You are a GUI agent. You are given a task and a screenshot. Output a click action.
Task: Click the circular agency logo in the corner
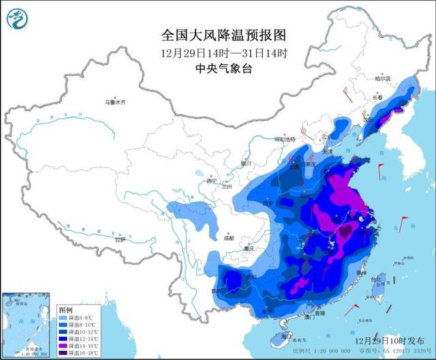click(x=18, y=20)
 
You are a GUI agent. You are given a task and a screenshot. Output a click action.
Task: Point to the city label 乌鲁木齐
click(x=116, y=102)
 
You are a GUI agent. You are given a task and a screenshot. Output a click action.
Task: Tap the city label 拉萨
click(x=120, y=240)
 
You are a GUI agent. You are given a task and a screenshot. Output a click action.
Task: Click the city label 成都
click(x=228, y=239)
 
